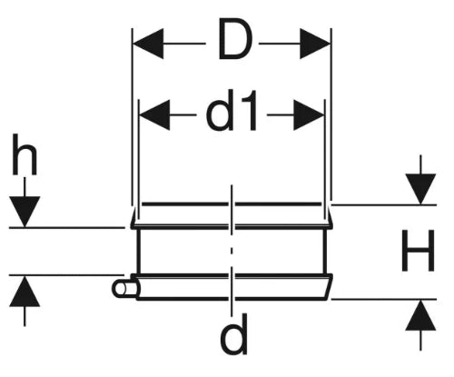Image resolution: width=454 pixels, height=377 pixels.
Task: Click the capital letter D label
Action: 235,39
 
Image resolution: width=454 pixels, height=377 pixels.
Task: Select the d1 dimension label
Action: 232,110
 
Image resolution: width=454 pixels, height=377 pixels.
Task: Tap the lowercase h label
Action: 25,155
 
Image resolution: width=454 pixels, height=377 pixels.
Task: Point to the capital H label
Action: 418,250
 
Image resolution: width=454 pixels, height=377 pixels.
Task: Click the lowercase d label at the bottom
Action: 233,333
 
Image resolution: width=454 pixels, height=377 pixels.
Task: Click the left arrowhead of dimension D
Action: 148,44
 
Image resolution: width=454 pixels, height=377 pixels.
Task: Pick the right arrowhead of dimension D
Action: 315,44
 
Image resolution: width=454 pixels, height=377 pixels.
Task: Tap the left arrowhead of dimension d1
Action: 154,115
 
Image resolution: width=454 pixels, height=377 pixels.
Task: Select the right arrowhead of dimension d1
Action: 309,115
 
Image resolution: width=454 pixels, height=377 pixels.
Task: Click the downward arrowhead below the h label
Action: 25,212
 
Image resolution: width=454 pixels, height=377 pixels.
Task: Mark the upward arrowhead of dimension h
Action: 25,291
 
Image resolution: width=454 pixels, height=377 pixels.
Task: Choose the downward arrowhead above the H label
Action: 420,189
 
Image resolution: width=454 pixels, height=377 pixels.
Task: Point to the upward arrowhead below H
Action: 420,315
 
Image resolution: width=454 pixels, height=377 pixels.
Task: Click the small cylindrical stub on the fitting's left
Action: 124,288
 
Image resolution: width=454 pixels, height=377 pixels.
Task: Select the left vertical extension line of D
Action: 132,116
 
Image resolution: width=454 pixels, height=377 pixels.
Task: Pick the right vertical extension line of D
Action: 331,114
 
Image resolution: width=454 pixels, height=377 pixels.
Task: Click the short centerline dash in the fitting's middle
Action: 232,251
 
